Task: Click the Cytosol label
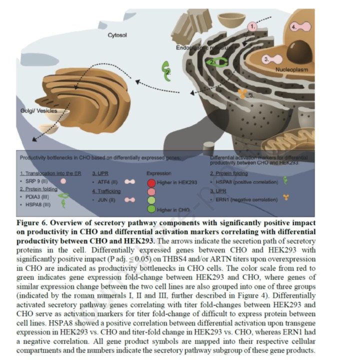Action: click(119, 35)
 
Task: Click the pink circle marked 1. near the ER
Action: click(253, 26)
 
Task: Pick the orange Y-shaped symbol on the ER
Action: click(241, 93)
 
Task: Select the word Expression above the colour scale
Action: click(158, 172)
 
